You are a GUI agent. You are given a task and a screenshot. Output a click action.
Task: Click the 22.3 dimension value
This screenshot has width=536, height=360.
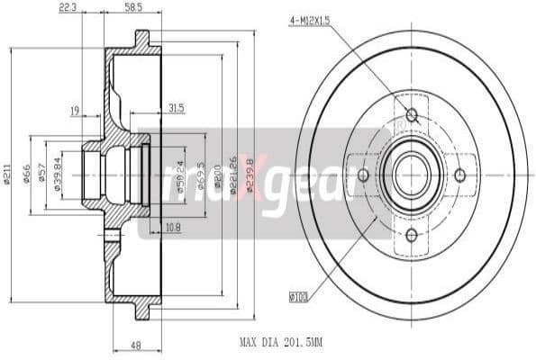point(92,7)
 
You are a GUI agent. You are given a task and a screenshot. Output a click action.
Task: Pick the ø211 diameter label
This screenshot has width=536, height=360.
point(6,175)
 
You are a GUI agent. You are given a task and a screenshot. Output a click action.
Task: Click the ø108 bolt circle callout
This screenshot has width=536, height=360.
point(299,294)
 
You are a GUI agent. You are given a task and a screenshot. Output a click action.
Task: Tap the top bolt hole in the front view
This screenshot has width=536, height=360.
point(412,115)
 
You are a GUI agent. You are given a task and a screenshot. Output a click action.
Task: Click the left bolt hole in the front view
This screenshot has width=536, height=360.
point(363,175)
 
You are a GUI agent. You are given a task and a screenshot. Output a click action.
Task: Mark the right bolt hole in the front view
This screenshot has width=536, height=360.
point(459,175)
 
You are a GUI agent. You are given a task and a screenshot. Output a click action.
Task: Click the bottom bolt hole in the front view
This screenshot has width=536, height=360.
point(412,235)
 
